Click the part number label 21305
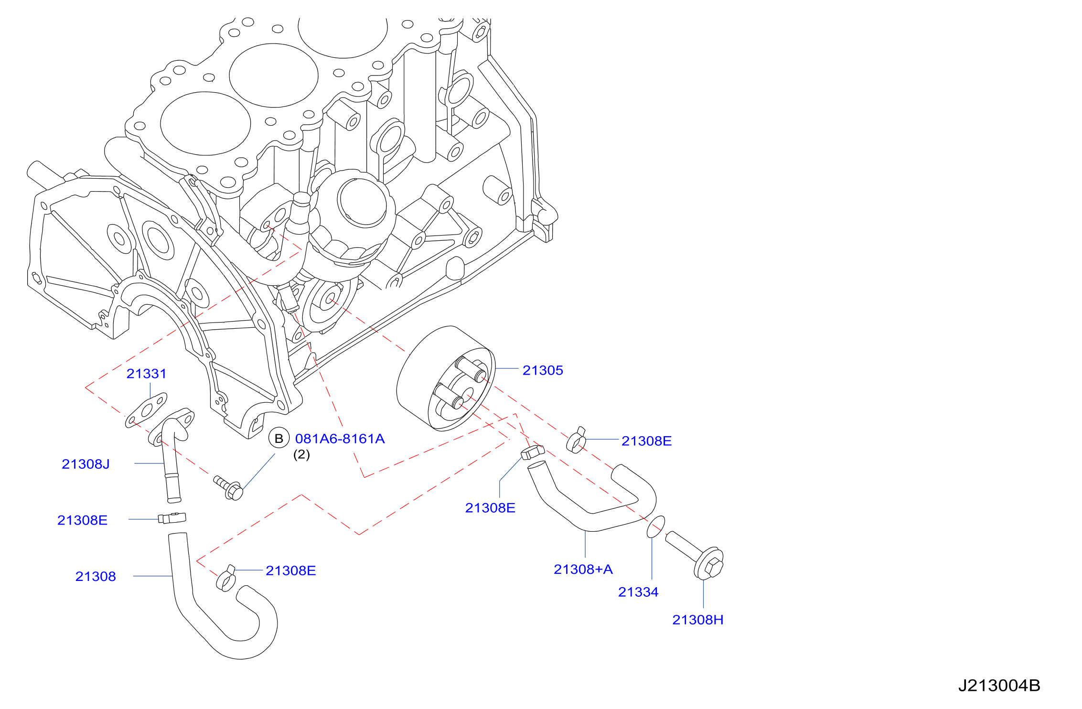pos(543,370)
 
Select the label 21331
pos(147,374)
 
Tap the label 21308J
pos(86,464)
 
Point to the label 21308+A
pos(583,569)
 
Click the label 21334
pos(638,592)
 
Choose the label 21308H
pos(698,620)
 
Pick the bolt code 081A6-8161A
pos(340,439)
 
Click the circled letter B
pos(279,439)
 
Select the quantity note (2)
pos(301,454)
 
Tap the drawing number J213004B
pos(999,686)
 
